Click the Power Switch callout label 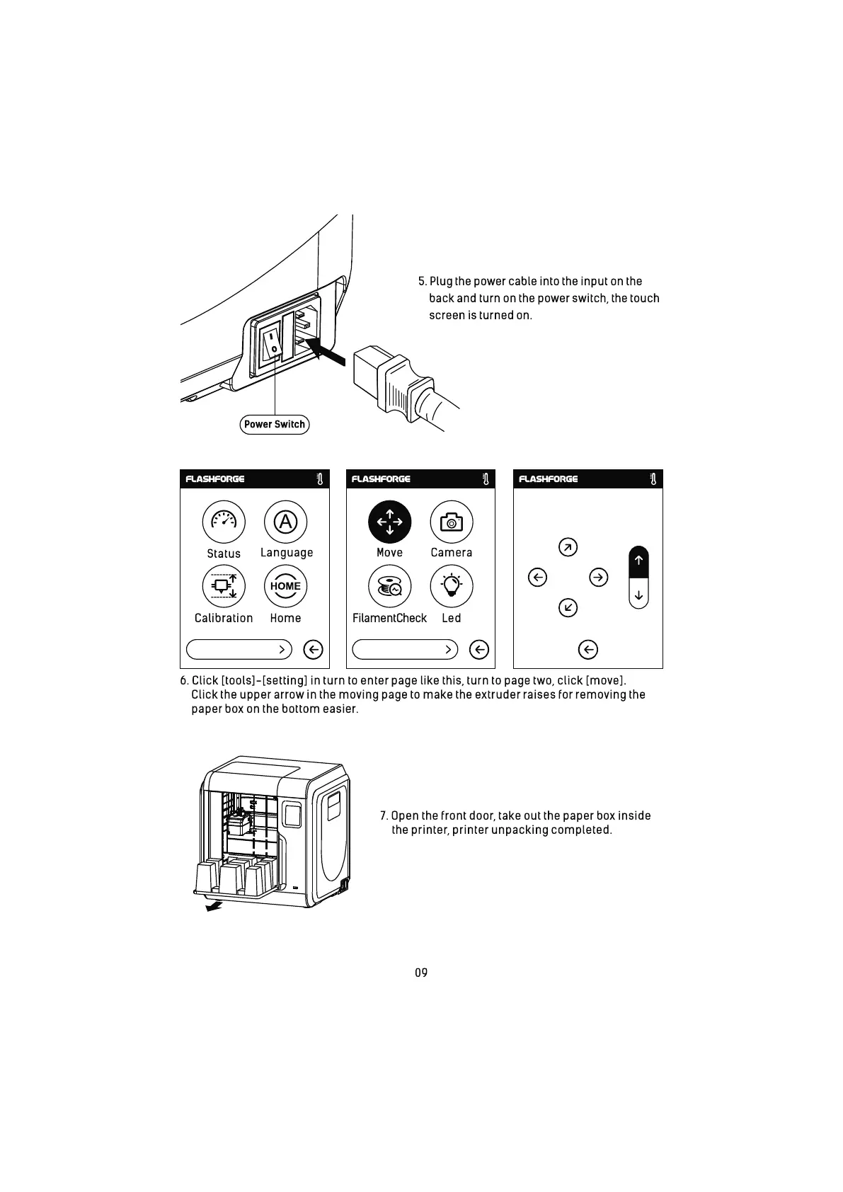pyautogui.click(x=275, y=425)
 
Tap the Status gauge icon pyautogui.click(x=224, y=522)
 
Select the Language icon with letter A pyautogui.click(x=285, y=522)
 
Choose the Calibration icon pyautogui.click(x=224, y=586)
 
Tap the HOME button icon pyautogui.click(x=285, y=586)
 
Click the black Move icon pyautogui.click(x=389, y=522)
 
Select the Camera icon pyautogui.click(x=451, y=522)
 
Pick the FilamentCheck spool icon pyautogui.click(x=389, y=586)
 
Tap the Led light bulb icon pyautogui.click(x=451, y=586)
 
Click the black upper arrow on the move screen pyautogui.click(x=638, y=561)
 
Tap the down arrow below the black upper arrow pyautogui.click(x=638, y=595)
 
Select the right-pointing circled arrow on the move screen pyautogui.click(x=599, y=578)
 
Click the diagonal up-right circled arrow pyautogui.click(x=568, y=547)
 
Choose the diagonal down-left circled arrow pyautogui.click(x=568, y=607)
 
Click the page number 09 pyautogui.click(x=421, y=973)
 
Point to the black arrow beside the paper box pyautogui.click(x=213, y=906)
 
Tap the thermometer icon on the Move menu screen pyautogui.click(x=486, y=479)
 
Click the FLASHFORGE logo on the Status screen pyautogui.click(x=215, y=479)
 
